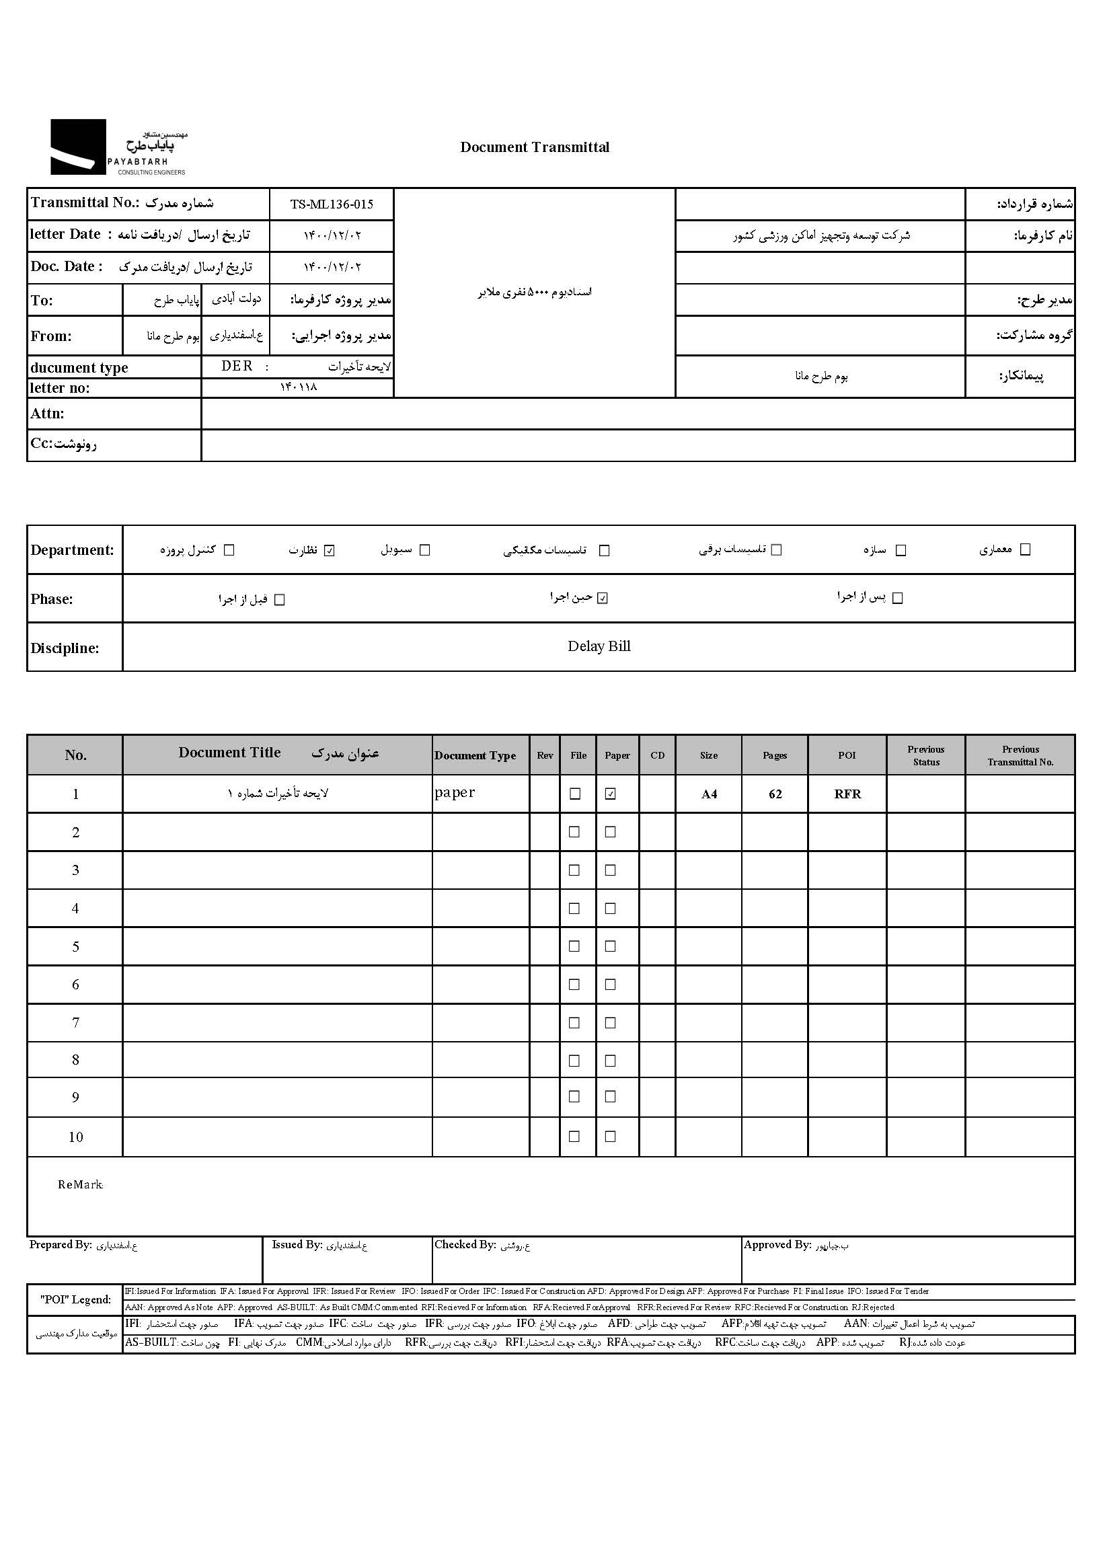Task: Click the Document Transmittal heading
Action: click(535, 147)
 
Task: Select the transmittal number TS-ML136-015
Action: click(332, 204)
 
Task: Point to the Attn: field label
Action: click(47, 414)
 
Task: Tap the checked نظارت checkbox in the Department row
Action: click(330, 551)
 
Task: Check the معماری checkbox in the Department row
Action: click(1024, 550)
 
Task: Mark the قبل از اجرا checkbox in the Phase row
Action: click(279, 600)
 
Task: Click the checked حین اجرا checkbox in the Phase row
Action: click(603, 599)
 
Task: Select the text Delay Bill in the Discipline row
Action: click(599, 646)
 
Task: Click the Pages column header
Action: click(774, 755)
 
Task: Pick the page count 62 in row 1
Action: click(775, 794)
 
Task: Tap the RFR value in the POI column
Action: click(847, 794)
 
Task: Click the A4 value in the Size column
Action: click(709, 794)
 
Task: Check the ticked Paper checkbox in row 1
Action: click(611, 794)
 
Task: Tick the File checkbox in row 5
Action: click(574, 946)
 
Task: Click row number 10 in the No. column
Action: click(76, 1137)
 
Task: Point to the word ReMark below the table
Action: click(81, 1184)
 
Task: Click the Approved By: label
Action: click(777, 1245)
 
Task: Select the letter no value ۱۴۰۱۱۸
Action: click(298, 387)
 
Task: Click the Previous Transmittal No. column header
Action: click(1020, 755)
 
